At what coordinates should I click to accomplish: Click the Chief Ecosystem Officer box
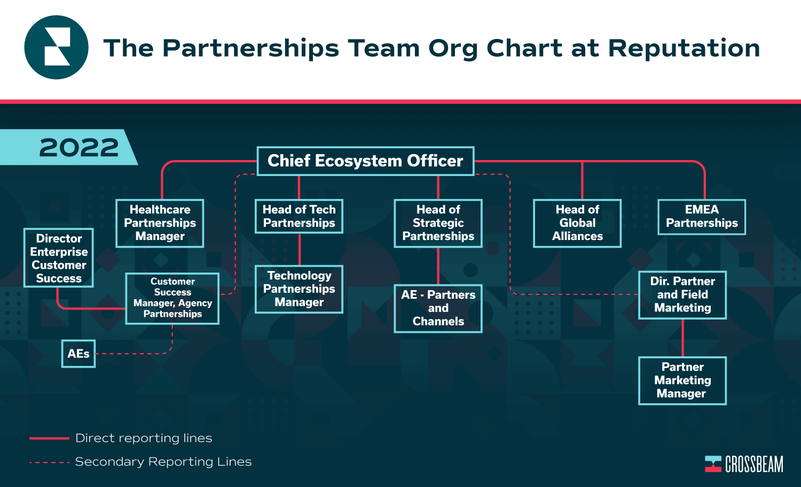tap(365, 161)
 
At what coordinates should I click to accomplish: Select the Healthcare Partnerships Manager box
tap(160, 223)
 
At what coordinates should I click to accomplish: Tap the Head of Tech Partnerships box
tap(299, 216)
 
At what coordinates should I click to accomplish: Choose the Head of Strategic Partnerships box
tap(438, 223)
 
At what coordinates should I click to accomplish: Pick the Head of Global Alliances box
tap(577, 223)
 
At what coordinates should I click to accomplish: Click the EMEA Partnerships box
tap(702, 217)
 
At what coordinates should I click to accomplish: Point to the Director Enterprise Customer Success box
tap(59, 258)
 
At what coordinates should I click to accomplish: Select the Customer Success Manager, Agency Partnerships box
tap(172, 298)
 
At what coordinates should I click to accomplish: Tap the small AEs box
tap(78, 354)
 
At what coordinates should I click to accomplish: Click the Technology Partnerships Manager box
tap(299, 289)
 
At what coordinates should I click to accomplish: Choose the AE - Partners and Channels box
tap(438, 308)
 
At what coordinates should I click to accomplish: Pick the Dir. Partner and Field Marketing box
tap(682, 295)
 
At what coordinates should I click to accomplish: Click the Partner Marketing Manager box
tap(682, 380)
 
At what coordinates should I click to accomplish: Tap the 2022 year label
tap(78, 148)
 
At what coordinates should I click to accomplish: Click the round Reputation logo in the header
tap(56, 47)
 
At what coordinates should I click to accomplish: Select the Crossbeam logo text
tap(754, 464)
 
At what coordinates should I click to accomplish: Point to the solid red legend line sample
tap(49, 438)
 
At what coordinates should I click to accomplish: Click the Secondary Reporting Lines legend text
tap(163, 461)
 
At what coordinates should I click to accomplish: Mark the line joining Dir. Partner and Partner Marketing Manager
tap(682, 338)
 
